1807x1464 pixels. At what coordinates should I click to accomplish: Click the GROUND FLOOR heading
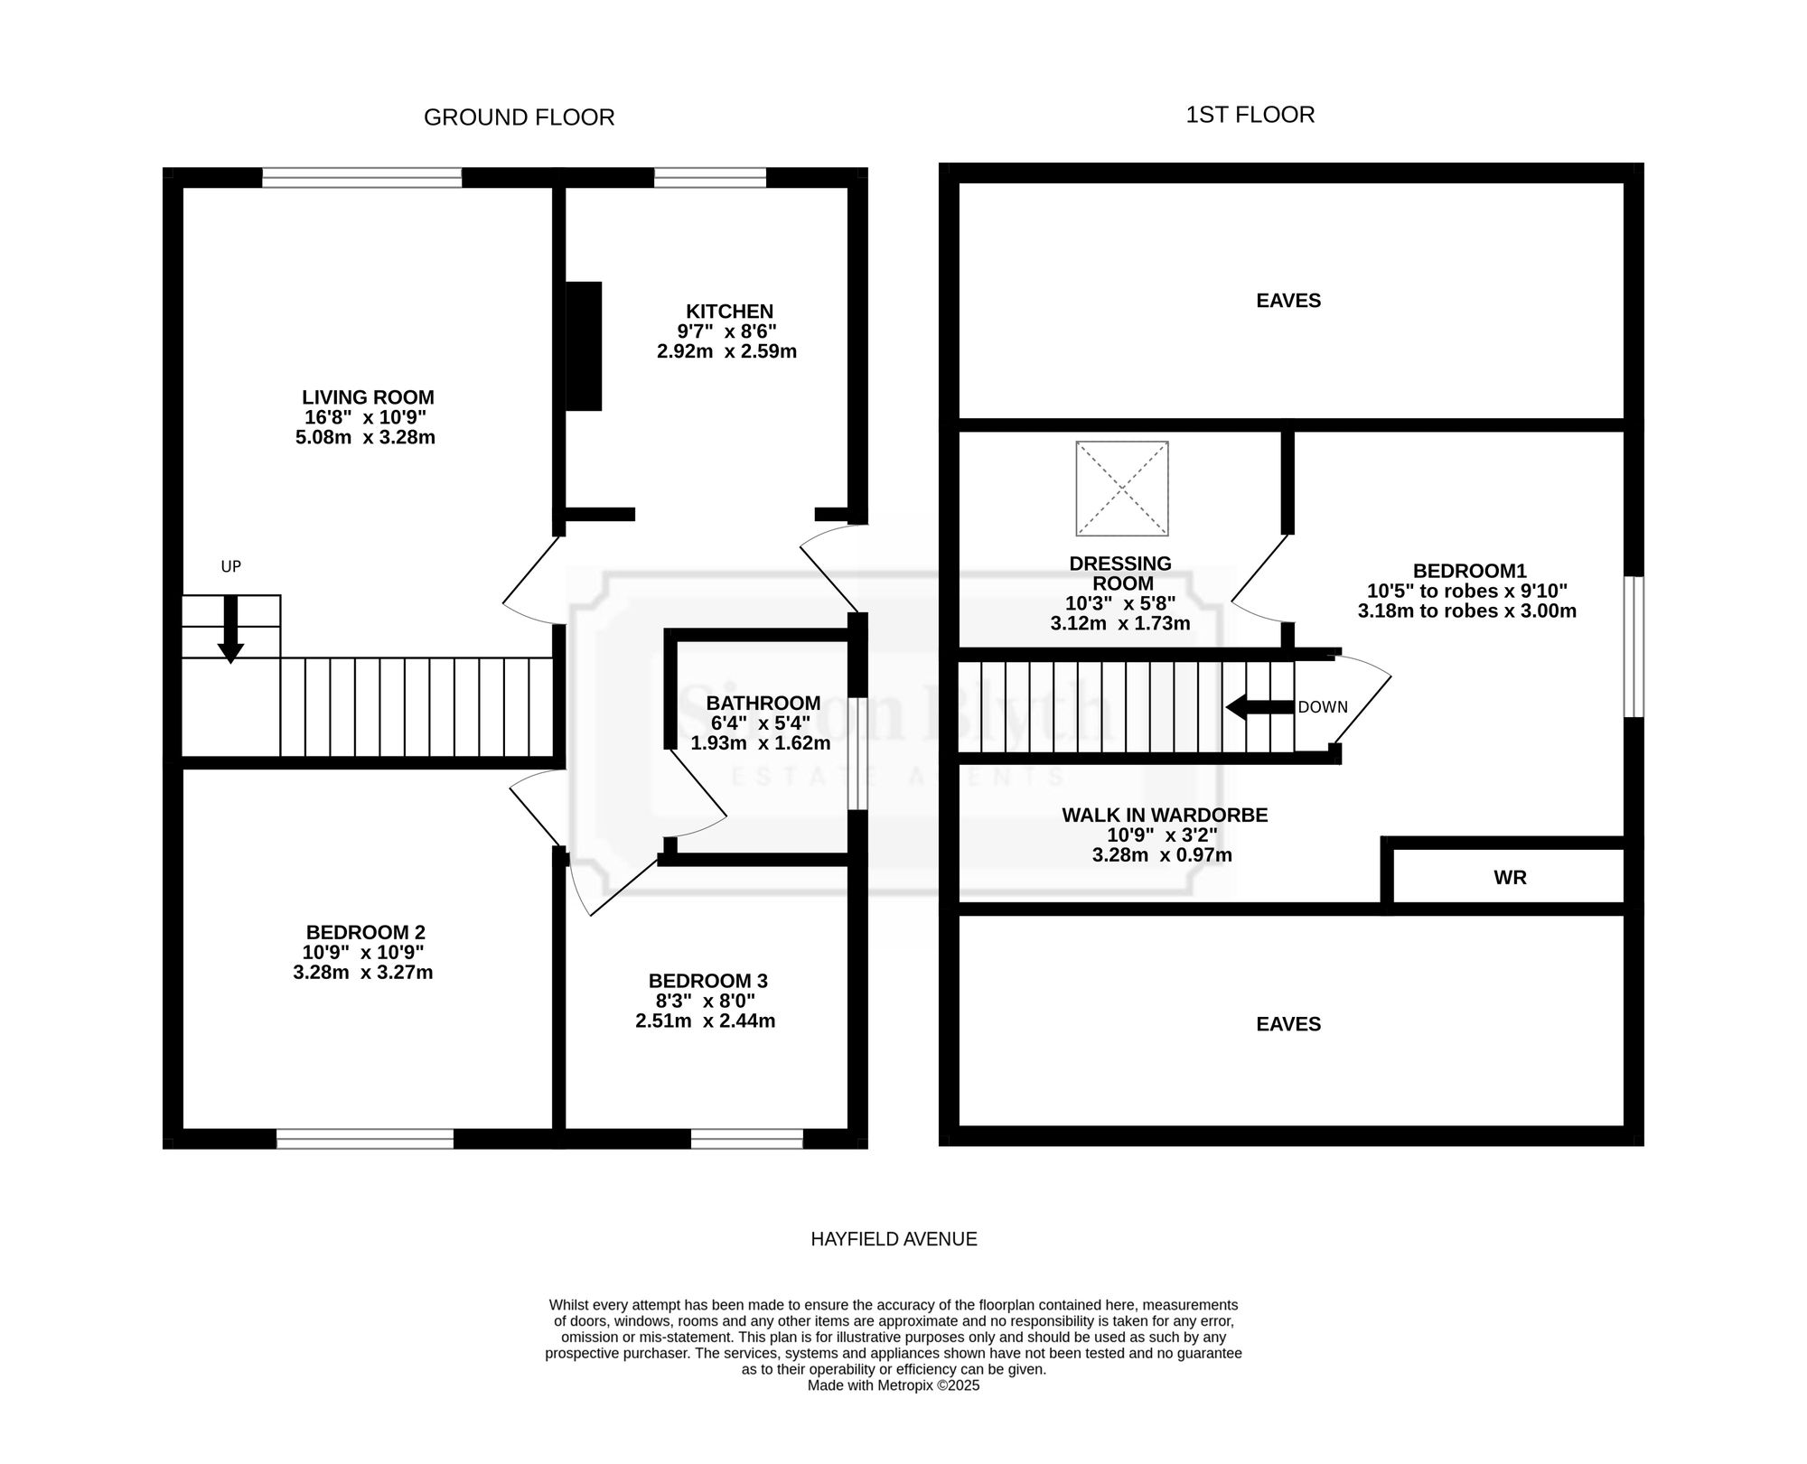(x=519, y=117)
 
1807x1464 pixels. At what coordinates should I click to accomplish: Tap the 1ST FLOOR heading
(x=1250, y=115)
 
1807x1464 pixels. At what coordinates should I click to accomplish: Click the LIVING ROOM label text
(x=368, y=397)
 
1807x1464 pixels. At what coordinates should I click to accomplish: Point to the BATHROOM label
(x=763, y=704)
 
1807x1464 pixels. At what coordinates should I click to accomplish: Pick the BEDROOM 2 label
(x=365, y=932)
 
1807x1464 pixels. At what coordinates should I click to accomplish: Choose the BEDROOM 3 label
(x=707, y=981)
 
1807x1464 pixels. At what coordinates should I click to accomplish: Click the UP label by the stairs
(x=231, y=566)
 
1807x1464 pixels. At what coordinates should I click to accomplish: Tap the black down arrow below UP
(x=230, y=629)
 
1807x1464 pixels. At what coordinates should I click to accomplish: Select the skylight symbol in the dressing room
(x=1122, y=489)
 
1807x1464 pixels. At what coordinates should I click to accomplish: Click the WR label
(x=1510, y=878)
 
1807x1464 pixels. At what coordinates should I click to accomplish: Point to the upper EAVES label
(x=1288, y=301)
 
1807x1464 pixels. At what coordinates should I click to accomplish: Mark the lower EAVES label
(x=1288, y=1024)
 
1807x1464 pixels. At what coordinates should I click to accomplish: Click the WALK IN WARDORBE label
(x=1165, y=816)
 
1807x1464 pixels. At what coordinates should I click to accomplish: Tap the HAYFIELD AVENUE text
(x=894, y=1239)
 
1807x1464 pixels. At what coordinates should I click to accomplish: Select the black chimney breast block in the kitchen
(x=584, y=347)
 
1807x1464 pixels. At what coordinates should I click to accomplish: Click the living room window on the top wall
(x=362, y=178)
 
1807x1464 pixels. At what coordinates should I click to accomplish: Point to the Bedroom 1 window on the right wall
(x=1634, y=648)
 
